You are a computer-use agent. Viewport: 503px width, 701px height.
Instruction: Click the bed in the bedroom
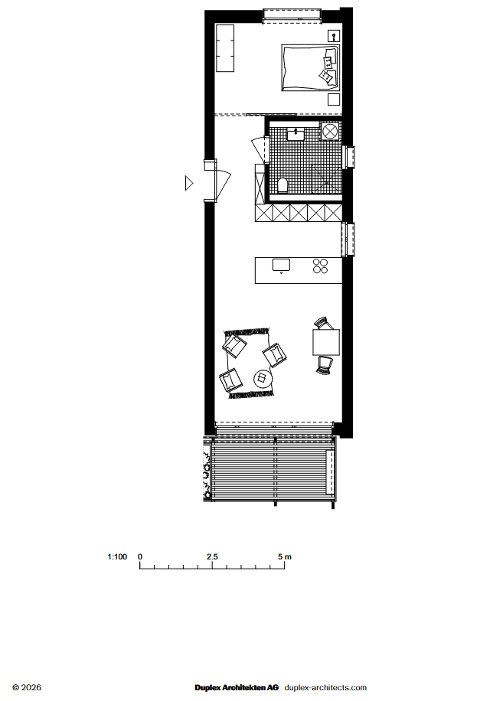[x=310, y=67]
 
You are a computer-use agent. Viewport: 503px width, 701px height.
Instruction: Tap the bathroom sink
[x=296, y=134]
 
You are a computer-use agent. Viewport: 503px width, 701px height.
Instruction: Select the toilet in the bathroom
[x=283, y=185]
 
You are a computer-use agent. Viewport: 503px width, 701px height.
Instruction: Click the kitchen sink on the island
[x=281, y=265]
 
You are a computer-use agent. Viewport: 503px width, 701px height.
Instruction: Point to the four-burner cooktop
[x=320, y=266]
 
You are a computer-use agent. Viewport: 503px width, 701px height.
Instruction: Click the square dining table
[x=326, y=342]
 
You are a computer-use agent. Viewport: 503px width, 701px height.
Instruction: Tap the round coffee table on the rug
[x=263, y=379]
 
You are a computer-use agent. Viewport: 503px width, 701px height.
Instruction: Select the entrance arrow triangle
[x=189, y=183]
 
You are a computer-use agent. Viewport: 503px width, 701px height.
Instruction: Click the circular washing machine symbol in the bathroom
[x=331, y=132]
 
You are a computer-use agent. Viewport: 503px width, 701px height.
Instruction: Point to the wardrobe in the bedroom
[x=225, y=48]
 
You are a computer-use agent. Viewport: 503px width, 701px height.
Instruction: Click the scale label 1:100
[x=117, y=556]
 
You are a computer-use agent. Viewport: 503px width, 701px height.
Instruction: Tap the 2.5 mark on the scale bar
[x=212, y=556]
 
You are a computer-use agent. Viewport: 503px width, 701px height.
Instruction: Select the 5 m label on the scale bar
[x=284, y=556]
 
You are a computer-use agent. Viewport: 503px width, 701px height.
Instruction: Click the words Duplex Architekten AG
[x=237, y=687]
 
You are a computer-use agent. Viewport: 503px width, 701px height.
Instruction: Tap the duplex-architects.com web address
[x=325, y=687]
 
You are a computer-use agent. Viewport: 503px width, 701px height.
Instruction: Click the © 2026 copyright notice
[x=27, y=687]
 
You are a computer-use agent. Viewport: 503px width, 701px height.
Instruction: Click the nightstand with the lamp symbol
[x=334, y=36]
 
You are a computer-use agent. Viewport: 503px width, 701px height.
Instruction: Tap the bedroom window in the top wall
[x=292, y=15]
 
